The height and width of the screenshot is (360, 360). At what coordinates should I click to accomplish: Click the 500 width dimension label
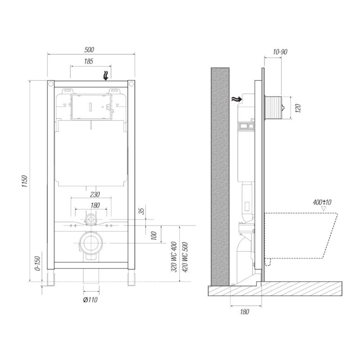point(89,49)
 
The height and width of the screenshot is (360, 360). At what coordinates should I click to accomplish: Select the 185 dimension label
point(89,61)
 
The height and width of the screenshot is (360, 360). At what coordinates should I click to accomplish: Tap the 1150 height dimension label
point(25,181)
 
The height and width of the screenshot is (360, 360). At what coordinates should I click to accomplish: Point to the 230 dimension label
point(95,194)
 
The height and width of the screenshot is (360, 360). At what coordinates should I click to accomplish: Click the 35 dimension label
point(142,211)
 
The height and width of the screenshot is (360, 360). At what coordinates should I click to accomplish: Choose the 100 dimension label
point(154,235)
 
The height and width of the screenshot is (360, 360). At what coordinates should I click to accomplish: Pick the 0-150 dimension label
point(38,263)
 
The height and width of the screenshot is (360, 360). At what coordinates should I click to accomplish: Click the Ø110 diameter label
point(90,300)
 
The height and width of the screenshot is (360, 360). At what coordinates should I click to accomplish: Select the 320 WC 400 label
point(174,257)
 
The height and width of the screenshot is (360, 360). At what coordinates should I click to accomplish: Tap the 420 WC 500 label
point(185,257)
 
